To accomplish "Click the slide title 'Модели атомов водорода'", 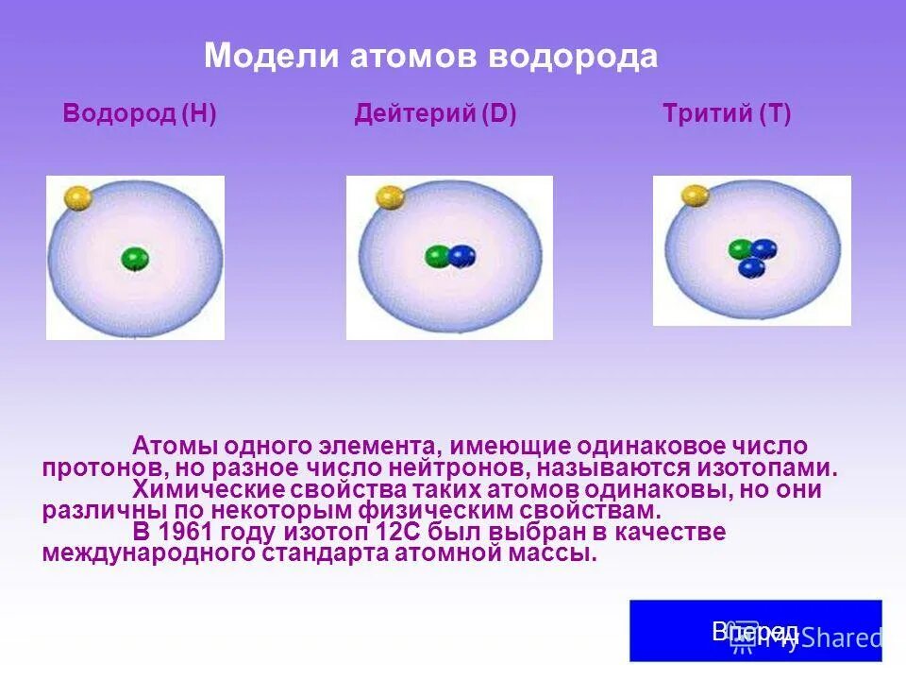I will tap(430, 56).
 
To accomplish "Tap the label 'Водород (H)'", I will tap(140, 115).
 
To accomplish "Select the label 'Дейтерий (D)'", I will tap(435, 115).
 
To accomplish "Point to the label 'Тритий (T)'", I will tap(727, 115).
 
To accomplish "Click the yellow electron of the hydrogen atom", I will tap(77, 197).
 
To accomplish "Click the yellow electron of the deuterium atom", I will tap(390, 196).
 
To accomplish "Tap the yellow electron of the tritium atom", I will tap(695, 195).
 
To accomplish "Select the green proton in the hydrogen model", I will tap(135, 259).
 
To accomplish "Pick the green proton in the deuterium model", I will tap(438, 255).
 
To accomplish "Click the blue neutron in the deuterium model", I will tap(461, 256).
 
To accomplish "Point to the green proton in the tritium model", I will tap(741, 249).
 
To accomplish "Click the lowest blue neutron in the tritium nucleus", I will tap(751, 268).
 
